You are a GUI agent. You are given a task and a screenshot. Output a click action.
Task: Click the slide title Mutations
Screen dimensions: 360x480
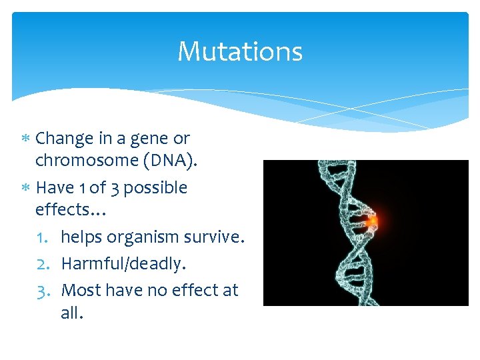pyautogui.click(x=240, y=51)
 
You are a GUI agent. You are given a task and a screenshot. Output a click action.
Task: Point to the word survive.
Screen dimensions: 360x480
pyautogui.click(x=215, y=237)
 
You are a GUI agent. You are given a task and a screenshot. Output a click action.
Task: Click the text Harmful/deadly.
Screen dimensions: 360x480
pyautogui.click(x=123, y=264)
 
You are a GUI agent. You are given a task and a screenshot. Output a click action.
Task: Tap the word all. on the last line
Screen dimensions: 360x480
pyautogui.click(x=72, y=313)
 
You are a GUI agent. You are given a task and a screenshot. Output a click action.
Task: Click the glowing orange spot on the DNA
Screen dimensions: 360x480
pyautogui.click(x=373, y=221)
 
